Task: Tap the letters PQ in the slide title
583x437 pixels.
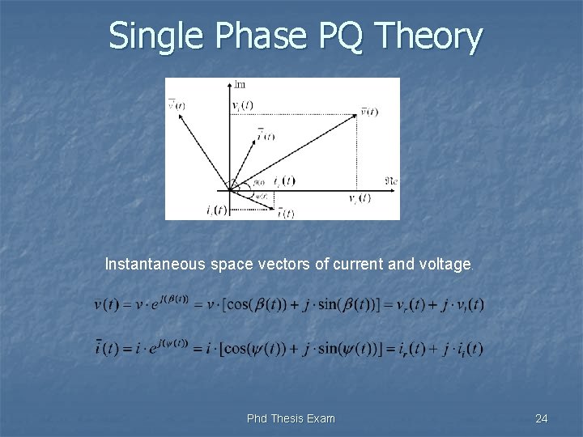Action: pyautogui.click(x=324, y=36)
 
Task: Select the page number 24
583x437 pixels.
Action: pyautogui.click(x=542, y=418)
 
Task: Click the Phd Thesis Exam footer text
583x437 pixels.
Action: pyautogui.click(x=291, y=418)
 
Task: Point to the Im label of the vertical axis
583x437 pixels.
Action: pyautogui.click(x=240, y=84)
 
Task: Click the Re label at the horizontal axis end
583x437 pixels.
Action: pyautogui.click(x=390, y=179)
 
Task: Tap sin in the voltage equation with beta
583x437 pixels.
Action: pyautogui.click(x=338, y=305)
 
